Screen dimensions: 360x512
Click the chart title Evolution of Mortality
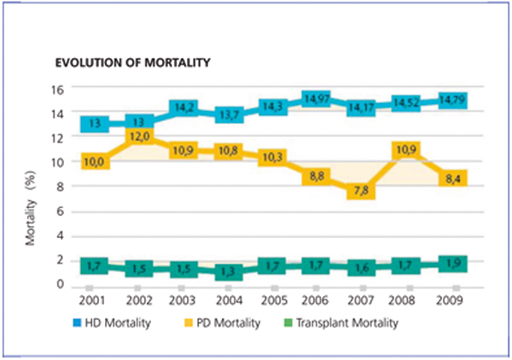click(127, 62)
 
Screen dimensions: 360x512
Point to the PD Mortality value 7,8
click(362, 190)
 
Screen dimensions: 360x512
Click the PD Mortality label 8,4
click(455, 179)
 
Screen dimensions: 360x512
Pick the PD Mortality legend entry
click(229, 322)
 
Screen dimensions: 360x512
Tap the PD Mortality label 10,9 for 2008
click(407, 151)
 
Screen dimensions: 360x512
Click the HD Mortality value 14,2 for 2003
click(184, 109)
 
